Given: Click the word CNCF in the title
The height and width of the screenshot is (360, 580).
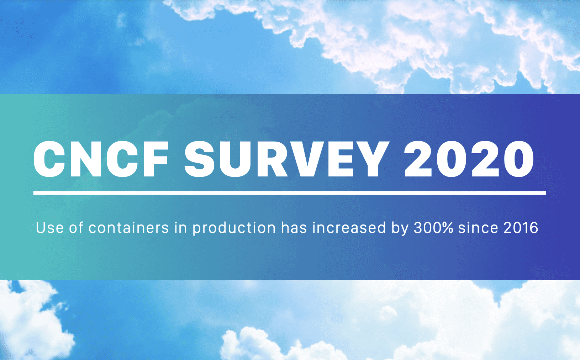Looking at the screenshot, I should pos(101,159).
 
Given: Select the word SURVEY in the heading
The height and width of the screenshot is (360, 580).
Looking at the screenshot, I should pos(285,159).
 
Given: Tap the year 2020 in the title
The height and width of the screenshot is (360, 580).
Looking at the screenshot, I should pos(469,159).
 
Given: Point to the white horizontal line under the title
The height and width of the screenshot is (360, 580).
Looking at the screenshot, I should pos(289,193).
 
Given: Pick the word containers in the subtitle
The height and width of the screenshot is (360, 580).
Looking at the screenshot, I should pos(128,228).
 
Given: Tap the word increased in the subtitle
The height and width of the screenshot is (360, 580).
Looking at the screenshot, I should pos(349,228).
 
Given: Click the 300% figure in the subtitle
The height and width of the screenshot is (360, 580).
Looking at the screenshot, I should pos(433,228).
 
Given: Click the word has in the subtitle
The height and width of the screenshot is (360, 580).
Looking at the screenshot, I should pos(294,228).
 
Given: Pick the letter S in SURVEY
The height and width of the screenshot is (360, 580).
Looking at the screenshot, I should pos(200,159).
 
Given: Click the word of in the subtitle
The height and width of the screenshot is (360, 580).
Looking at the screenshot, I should pos(76,228).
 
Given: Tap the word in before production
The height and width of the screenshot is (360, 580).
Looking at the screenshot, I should pos(181,228).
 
